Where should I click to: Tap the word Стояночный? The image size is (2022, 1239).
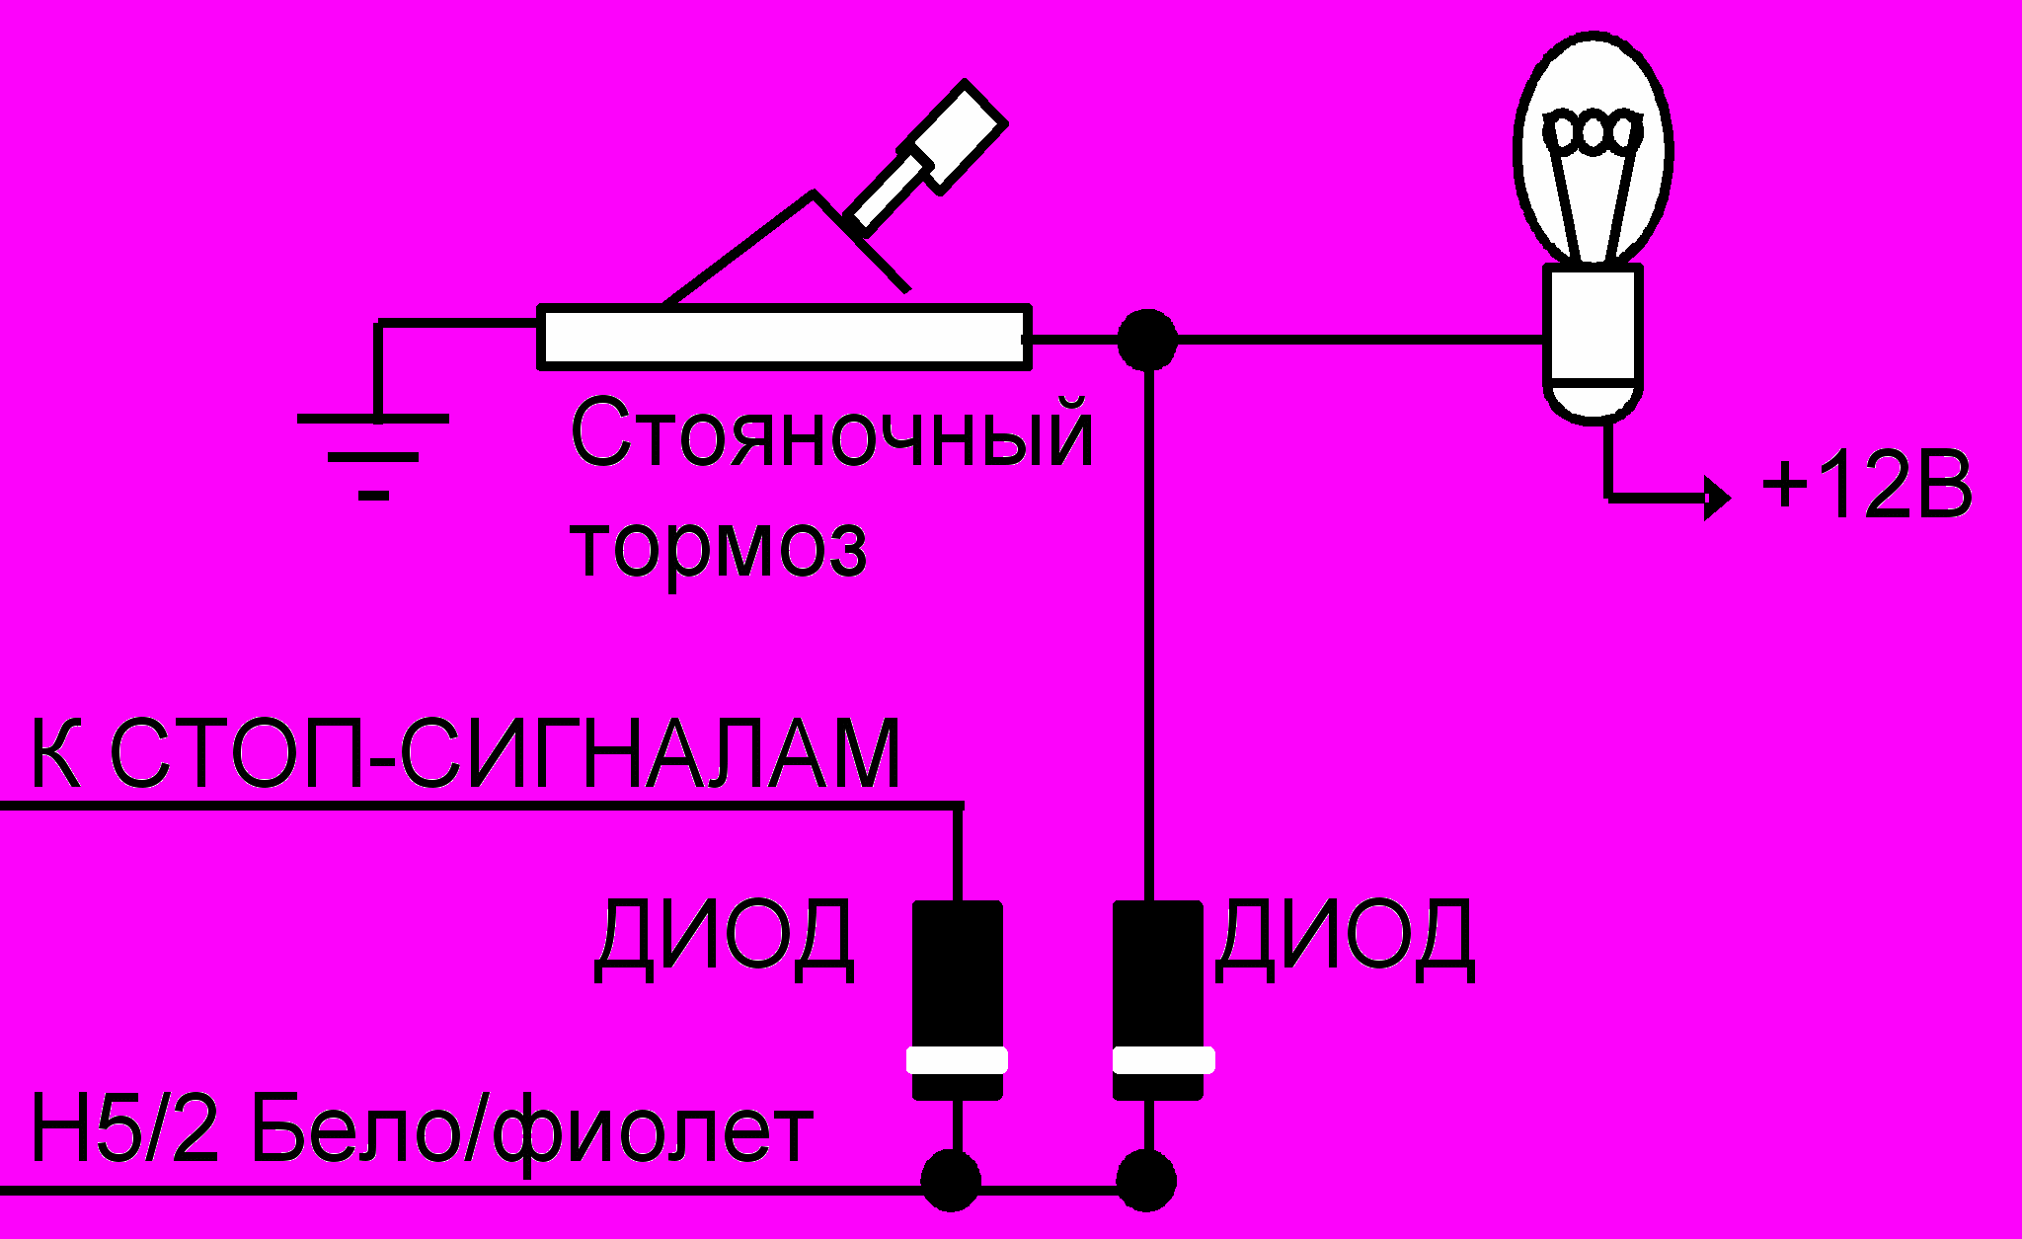[x=831, y=434]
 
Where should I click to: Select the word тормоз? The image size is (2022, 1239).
[x=720, y=548]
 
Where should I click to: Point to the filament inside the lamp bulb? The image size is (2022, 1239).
[x=1593, y=133]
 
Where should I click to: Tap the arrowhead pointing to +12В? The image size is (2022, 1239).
[x=1718, y=498]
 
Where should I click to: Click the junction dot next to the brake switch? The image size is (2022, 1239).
[x=1147, y=340]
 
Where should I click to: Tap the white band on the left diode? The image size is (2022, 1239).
[x=957, y=1060]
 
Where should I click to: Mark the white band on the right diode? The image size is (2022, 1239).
[x=1162, y=1060]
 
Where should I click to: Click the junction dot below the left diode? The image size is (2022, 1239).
[x=951, y=1181]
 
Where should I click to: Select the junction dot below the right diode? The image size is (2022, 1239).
[x=1146, y=1181]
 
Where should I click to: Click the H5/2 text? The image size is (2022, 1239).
[x=124, y=1128]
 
